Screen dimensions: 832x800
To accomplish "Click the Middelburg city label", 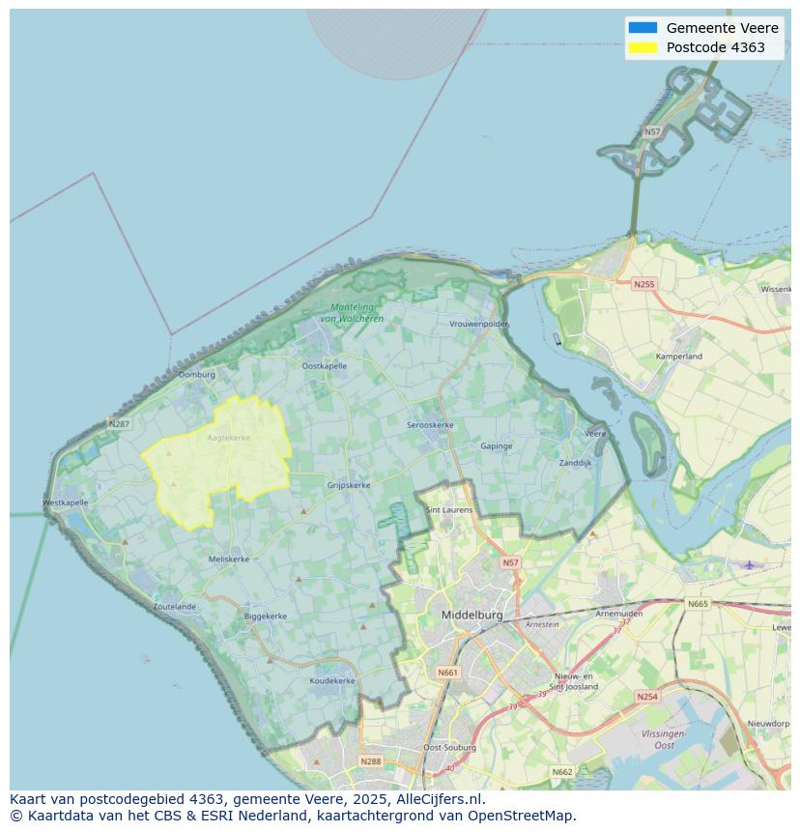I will tap(471, 615).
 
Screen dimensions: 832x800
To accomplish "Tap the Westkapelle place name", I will tap(66, 502).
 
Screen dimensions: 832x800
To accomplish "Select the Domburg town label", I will tap(197, 375).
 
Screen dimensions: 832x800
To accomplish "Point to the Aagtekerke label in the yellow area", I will tap(228, 438).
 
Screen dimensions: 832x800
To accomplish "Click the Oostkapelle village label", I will tap(324, 366).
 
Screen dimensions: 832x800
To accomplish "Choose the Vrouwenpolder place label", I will tap(478, 324).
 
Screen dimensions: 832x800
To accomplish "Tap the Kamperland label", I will tap(679, 357).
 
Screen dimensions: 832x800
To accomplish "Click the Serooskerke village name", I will tap(430, 425).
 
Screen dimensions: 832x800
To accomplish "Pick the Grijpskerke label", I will tap(349, 485).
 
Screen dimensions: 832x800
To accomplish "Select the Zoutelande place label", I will tap(174, 607).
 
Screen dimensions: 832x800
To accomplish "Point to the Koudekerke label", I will tap(331, 680).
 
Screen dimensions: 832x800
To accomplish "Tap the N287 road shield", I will tap(119, 423).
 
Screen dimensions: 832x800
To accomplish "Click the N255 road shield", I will tap(643, 284).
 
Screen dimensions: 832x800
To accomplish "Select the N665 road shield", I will tap(698, 604).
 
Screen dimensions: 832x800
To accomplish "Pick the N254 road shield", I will tap(646, 697).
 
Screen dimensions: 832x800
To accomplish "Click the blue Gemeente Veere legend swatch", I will tap(642, 28).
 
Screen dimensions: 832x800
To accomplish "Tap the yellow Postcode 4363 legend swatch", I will tap(642, 47).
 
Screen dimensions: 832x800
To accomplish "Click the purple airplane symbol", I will tap(748, 564).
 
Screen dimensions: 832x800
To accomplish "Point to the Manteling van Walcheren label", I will tap(351, 313).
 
